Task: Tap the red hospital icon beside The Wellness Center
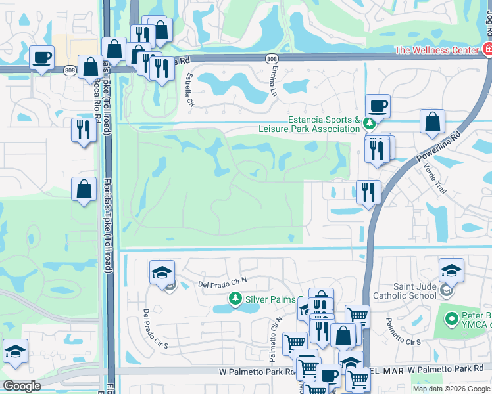487,49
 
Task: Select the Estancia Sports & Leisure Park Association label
324,124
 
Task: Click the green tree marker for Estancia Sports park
370,122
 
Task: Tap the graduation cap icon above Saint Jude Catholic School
452,270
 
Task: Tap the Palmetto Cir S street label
403,333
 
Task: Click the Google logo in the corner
22,385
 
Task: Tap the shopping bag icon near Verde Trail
432,121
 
